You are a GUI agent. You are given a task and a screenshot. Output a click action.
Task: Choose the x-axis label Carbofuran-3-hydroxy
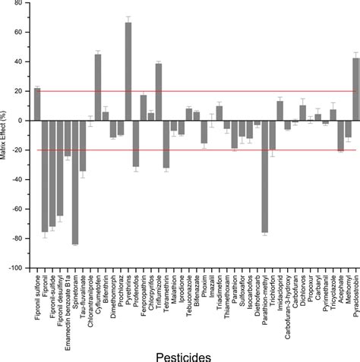(287, 300)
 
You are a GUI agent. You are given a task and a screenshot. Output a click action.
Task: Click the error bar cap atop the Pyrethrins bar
(128, 17)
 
